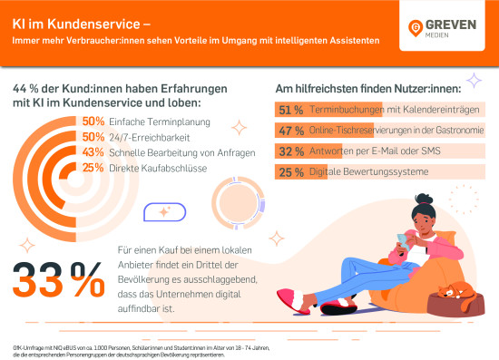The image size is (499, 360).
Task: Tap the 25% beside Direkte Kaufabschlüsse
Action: [93, 167]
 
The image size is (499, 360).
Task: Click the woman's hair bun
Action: [420, 200]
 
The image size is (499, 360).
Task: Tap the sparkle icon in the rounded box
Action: [165, 211]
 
